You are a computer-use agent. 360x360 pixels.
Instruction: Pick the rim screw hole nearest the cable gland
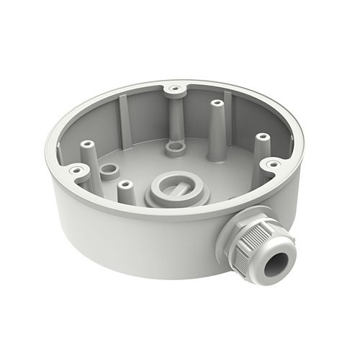[272, 165]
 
